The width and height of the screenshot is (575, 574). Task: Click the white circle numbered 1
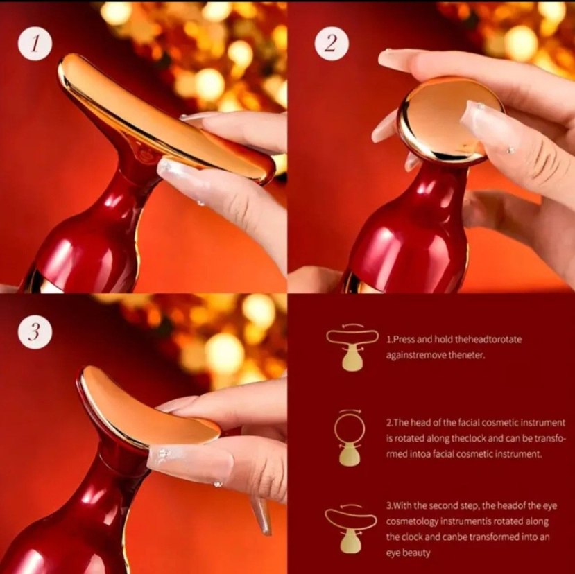pos(35,43)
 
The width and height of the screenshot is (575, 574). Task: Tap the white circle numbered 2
pos(332,44)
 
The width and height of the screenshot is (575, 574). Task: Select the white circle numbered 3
pos(35,331)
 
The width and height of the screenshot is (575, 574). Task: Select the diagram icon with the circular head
pos(350,437)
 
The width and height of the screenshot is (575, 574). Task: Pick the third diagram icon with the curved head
pos(351,529)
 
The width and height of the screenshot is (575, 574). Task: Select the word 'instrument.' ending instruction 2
pos(518,454)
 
